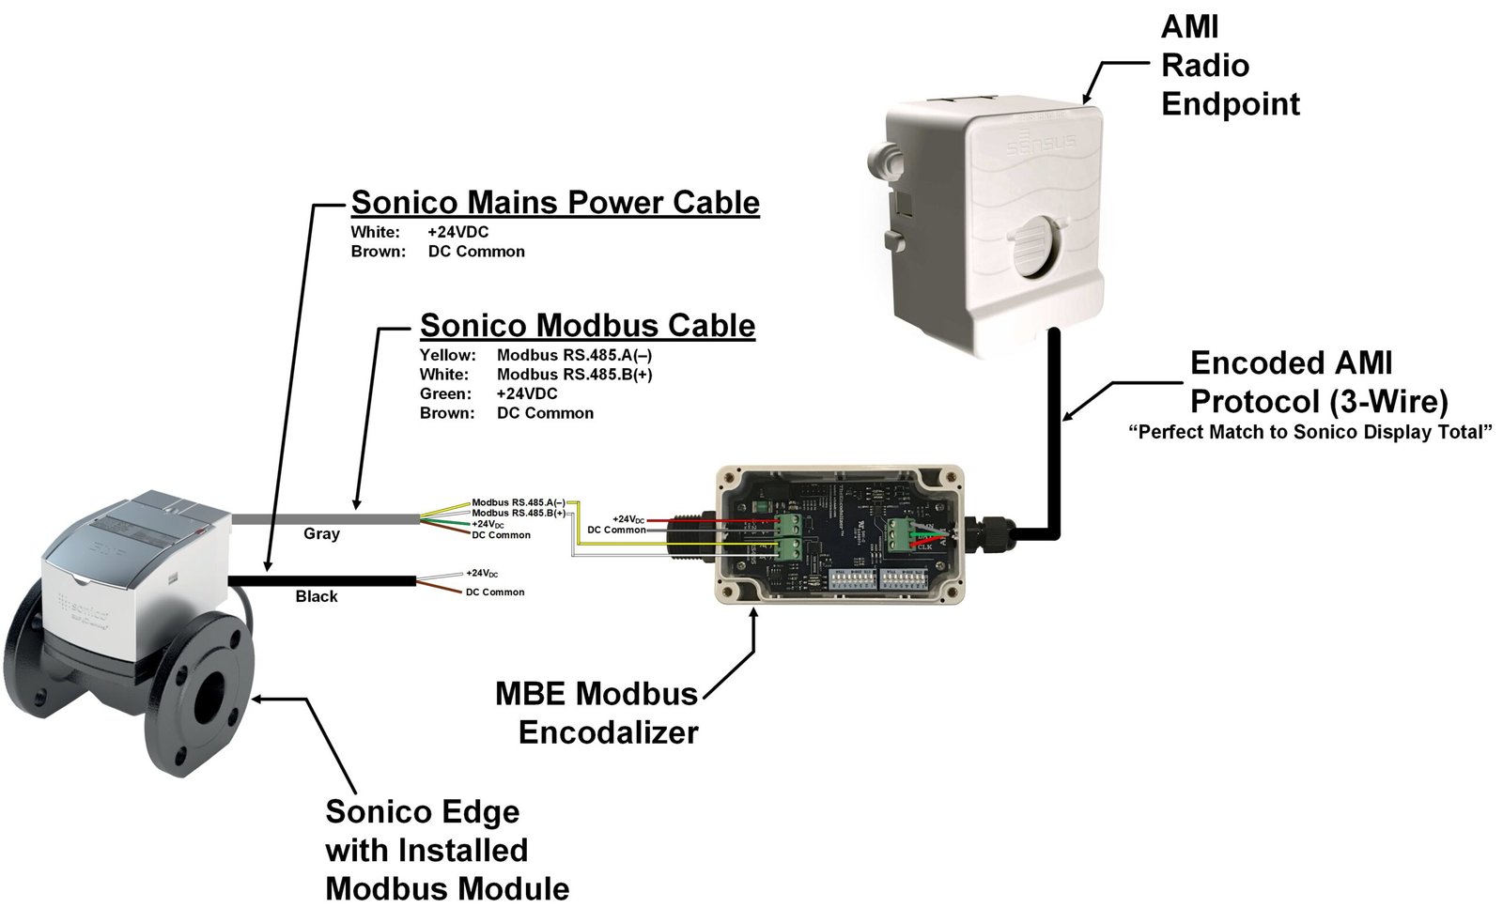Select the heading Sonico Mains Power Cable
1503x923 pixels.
(555, 202)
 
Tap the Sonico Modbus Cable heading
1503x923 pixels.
(587, 325)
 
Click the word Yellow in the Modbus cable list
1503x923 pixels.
(447, 355)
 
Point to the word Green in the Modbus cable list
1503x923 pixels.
(445, 393)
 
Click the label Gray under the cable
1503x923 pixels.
(321, 533)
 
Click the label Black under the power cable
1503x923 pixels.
(317, 596)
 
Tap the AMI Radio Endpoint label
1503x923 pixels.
(1230, 65)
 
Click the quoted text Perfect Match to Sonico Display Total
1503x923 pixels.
(1310, 432)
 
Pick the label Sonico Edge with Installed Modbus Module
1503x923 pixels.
(447, 850)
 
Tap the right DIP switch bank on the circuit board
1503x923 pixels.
(904, 579)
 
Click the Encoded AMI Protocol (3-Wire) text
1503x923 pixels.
(1319, 382)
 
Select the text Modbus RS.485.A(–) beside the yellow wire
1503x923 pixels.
(518, 502)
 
